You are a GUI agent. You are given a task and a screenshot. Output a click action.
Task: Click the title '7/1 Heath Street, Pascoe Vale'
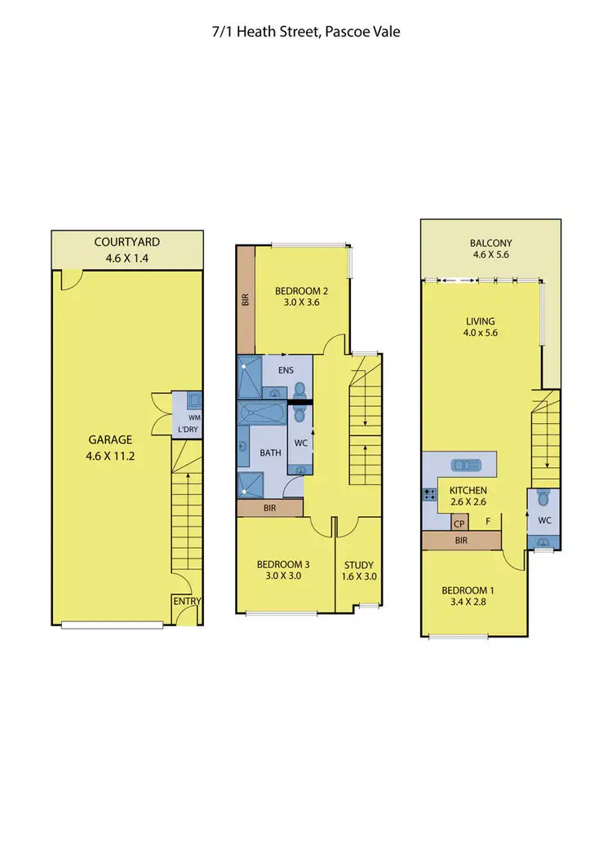pyautogui.click(x=305, y=32)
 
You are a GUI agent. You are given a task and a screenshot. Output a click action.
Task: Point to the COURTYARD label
pyautogui.click(x=126, y=241)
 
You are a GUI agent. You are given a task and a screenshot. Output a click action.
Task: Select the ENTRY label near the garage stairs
pyautogui.click(x=187, y=602)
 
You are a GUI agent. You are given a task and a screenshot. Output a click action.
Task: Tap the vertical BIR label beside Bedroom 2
pyautogui.click(x=245, y=299)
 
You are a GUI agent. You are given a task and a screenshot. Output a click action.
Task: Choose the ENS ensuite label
pyautogui.click(x=285, y=369)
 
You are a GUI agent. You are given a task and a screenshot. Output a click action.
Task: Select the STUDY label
pyautogui.click(x=358, y=564)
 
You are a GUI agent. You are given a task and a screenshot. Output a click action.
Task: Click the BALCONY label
pyautogui.click(x=490, y=243)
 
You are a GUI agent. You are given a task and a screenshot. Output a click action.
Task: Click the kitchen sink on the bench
pyautogui.click(x=469, y=466)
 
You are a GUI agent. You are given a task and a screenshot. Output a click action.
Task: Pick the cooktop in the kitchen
pyautogui.click(x=428, y=493)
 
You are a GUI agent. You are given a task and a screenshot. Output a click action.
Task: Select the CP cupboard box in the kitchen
pyautogui.click(x=459, y=523)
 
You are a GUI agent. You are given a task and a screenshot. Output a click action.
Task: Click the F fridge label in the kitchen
pyautogui.click(x=488, y=520)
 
